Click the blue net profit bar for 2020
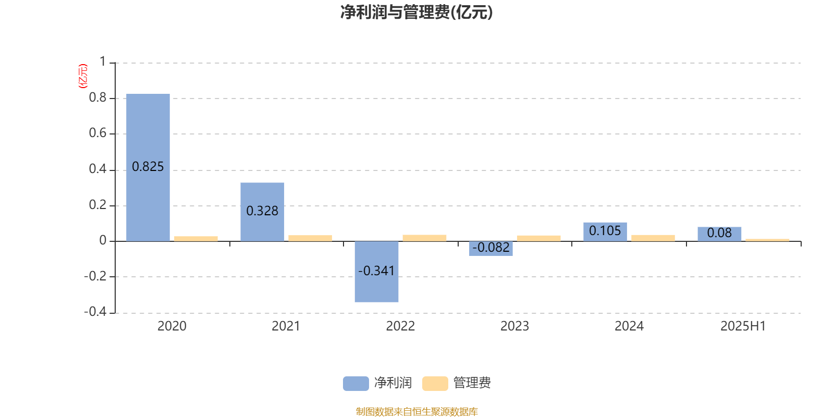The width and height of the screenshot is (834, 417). pos(148,167)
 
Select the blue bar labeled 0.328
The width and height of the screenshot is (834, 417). pos(262,212)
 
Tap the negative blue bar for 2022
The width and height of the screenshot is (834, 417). pos(376,272)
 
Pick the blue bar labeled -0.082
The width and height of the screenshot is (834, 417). pos(490,248)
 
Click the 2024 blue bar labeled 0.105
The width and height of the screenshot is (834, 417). pos(605,232)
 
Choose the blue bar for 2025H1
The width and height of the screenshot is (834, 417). pos(719,234)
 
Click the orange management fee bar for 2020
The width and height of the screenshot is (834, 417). pos(196,239)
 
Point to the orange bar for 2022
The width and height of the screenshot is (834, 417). pos(424,238)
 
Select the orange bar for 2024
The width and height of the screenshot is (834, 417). pos(653,238)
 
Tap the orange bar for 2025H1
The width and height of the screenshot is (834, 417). pos(767,240)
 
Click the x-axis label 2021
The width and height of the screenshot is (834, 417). pos(286,326)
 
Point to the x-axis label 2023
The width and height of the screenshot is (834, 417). pos(514,326)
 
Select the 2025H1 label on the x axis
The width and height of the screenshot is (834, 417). pos(743,326)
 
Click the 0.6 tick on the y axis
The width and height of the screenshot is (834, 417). pos(97,133)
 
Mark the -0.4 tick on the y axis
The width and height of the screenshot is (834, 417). pos(95,312)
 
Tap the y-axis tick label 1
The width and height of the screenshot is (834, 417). pos(103,62)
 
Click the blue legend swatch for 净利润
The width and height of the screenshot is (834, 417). pos(356,384)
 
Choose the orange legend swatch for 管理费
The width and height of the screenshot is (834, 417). pos(435,384)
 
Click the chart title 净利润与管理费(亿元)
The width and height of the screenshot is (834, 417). pos(416,13)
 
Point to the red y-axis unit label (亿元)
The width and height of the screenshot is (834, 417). pos(83,76)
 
